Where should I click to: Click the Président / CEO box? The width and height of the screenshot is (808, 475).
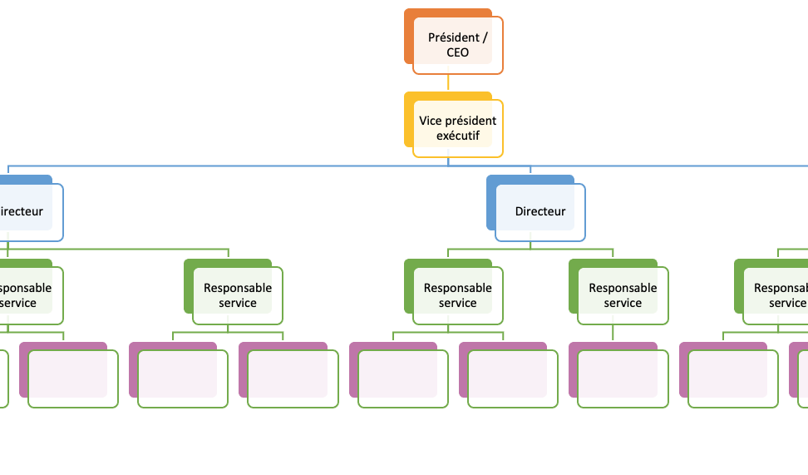tap(457, 45)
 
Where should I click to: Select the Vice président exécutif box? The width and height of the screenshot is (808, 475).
tap(457, 128)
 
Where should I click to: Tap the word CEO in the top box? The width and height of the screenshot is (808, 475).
tap(457, 52)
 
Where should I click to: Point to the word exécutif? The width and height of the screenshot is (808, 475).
tap(457, 136)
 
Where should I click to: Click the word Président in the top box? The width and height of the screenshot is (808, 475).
tap(453, 37)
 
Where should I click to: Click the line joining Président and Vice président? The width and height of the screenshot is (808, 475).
tap(448, 82)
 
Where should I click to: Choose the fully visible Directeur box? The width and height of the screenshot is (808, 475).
tap(539, 211)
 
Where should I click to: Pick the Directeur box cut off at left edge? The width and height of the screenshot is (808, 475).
tap(25, 211)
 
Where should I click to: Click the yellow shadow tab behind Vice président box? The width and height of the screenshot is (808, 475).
tap(408, 121)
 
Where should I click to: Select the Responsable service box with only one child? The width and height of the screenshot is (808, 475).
tap(623, 295)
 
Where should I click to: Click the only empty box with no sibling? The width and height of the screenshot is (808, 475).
tap(623, 379)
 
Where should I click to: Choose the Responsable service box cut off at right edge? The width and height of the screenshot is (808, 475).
tap(777, 295)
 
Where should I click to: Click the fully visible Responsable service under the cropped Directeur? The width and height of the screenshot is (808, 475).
tap(238, 295)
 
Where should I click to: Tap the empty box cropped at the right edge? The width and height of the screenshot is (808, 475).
tap(803, 379)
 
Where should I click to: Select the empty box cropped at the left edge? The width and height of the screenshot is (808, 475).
tap(3, 379)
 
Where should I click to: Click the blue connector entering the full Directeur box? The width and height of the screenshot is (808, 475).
tap(530, 171)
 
